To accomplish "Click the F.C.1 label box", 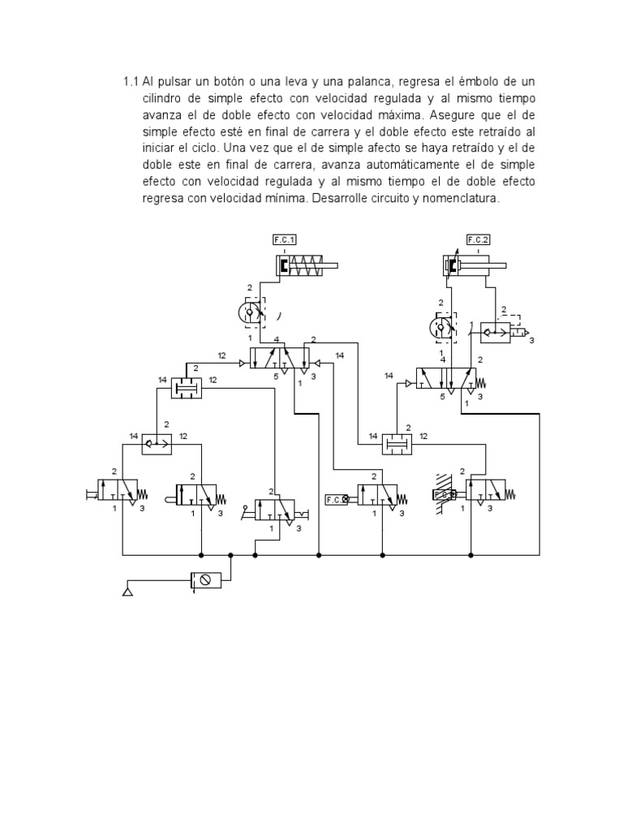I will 285,239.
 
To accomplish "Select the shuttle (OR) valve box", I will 157,443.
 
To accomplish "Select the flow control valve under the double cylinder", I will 442,328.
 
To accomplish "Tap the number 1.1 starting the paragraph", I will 131,83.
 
